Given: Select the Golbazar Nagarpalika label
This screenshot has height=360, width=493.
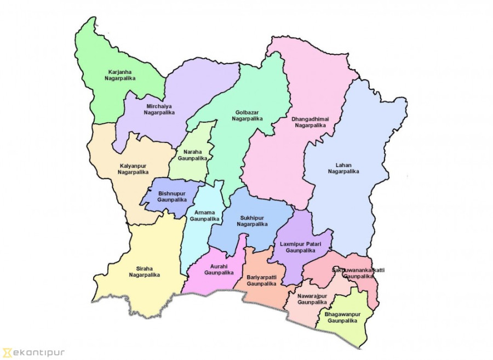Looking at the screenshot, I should coord(247,116).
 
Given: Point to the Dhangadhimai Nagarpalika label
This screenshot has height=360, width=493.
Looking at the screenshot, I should coord(310,122).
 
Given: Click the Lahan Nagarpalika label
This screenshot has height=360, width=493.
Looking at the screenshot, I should coord(343,168).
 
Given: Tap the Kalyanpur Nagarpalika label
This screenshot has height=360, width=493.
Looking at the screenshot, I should coord(133,169).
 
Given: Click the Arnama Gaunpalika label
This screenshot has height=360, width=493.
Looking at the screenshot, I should coord(204,215).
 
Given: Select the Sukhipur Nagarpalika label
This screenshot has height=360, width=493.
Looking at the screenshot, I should coord(252,221).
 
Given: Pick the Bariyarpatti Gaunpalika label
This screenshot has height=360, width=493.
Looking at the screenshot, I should coord(261,281).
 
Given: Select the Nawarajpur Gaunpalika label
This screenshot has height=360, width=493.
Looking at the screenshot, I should coord(312,299).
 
